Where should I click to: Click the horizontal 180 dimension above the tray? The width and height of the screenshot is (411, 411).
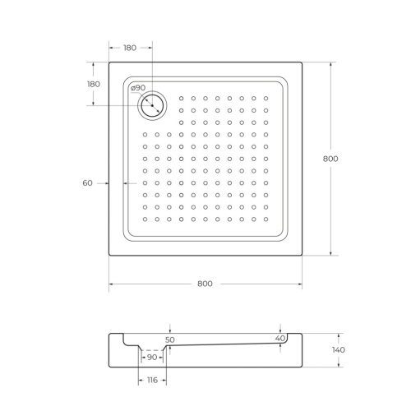(x=131, y=48)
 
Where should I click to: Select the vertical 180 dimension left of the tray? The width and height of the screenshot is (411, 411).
(x=93, y=84)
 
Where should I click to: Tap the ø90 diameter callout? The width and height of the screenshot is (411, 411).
(x=137, y=88)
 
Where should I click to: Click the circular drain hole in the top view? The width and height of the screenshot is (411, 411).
(x=152, y=104)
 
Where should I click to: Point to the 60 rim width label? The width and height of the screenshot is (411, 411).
(x=87, y=183)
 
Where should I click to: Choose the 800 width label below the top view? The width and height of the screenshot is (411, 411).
(x=205, y=284)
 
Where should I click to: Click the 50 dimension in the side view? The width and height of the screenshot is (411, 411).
(x=170, y=339)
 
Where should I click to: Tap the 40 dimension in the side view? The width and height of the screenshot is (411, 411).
(x=280, y=339)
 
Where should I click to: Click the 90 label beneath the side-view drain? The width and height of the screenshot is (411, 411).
(x=152, y=358)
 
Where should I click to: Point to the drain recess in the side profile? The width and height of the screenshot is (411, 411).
(x=152, y=349)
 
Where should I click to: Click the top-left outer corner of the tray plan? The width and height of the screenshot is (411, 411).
(x=109, y=62)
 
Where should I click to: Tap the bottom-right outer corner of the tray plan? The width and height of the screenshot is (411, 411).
(x=302, y=256)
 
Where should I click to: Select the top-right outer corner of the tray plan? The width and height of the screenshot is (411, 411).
(x=302, y=62)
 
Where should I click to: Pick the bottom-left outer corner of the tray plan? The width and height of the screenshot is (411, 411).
(x=109, y=256)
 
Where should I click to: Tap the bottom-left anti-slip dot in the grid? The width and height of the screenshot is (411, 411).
(x=145, y=219)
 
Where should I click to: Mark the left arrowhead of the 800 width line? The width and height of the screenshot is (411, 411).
(x=111, y=284)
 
